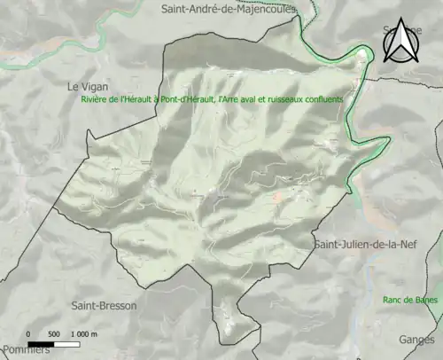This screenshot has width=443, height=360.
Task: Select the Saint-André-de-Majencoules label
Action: click(228, 9)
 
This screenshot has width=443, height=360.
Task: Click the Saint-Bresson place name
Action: click(103, 304)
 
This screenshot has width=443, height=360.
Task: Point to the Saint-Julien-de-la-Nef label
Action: click(363, 244)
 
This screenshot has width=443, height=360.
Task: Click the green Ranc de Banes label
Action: click(411, 300)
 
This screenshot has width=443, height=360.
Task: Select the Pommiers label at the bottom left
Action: click(24, 349)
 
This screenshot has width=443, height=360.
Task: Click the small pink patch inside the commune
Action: click(279, 197)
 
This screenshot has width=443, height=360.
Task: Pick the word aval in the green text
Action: click(239, 100)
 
